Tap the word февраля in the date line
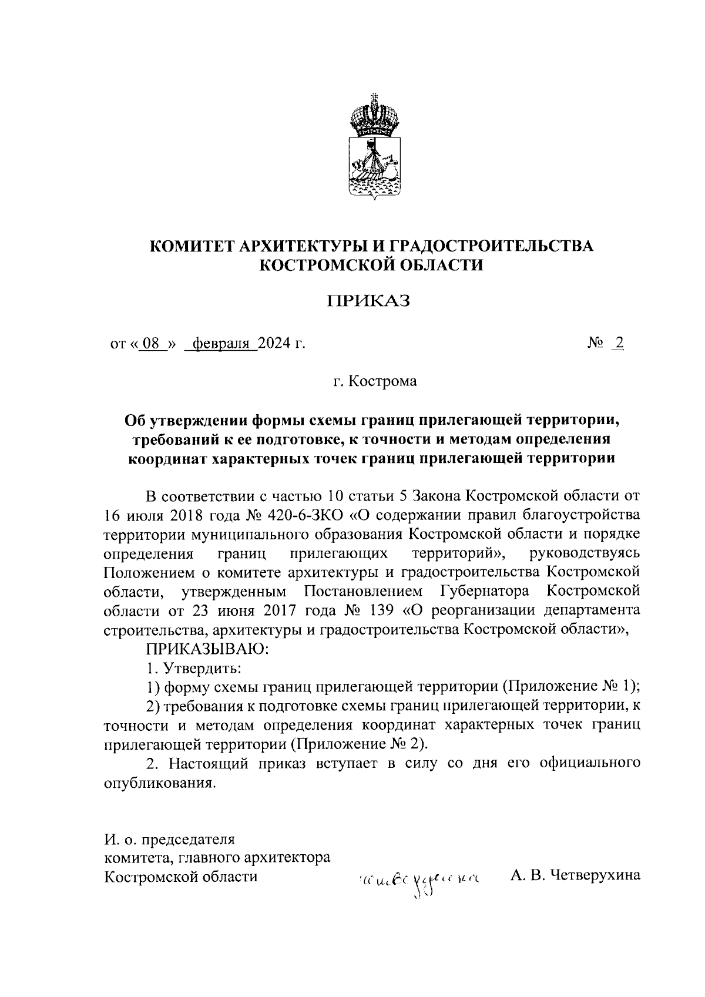click(x=221, y=343)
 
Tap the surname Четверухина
click(x=596, y=877)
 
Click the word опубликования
click(x=157, y=783)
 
